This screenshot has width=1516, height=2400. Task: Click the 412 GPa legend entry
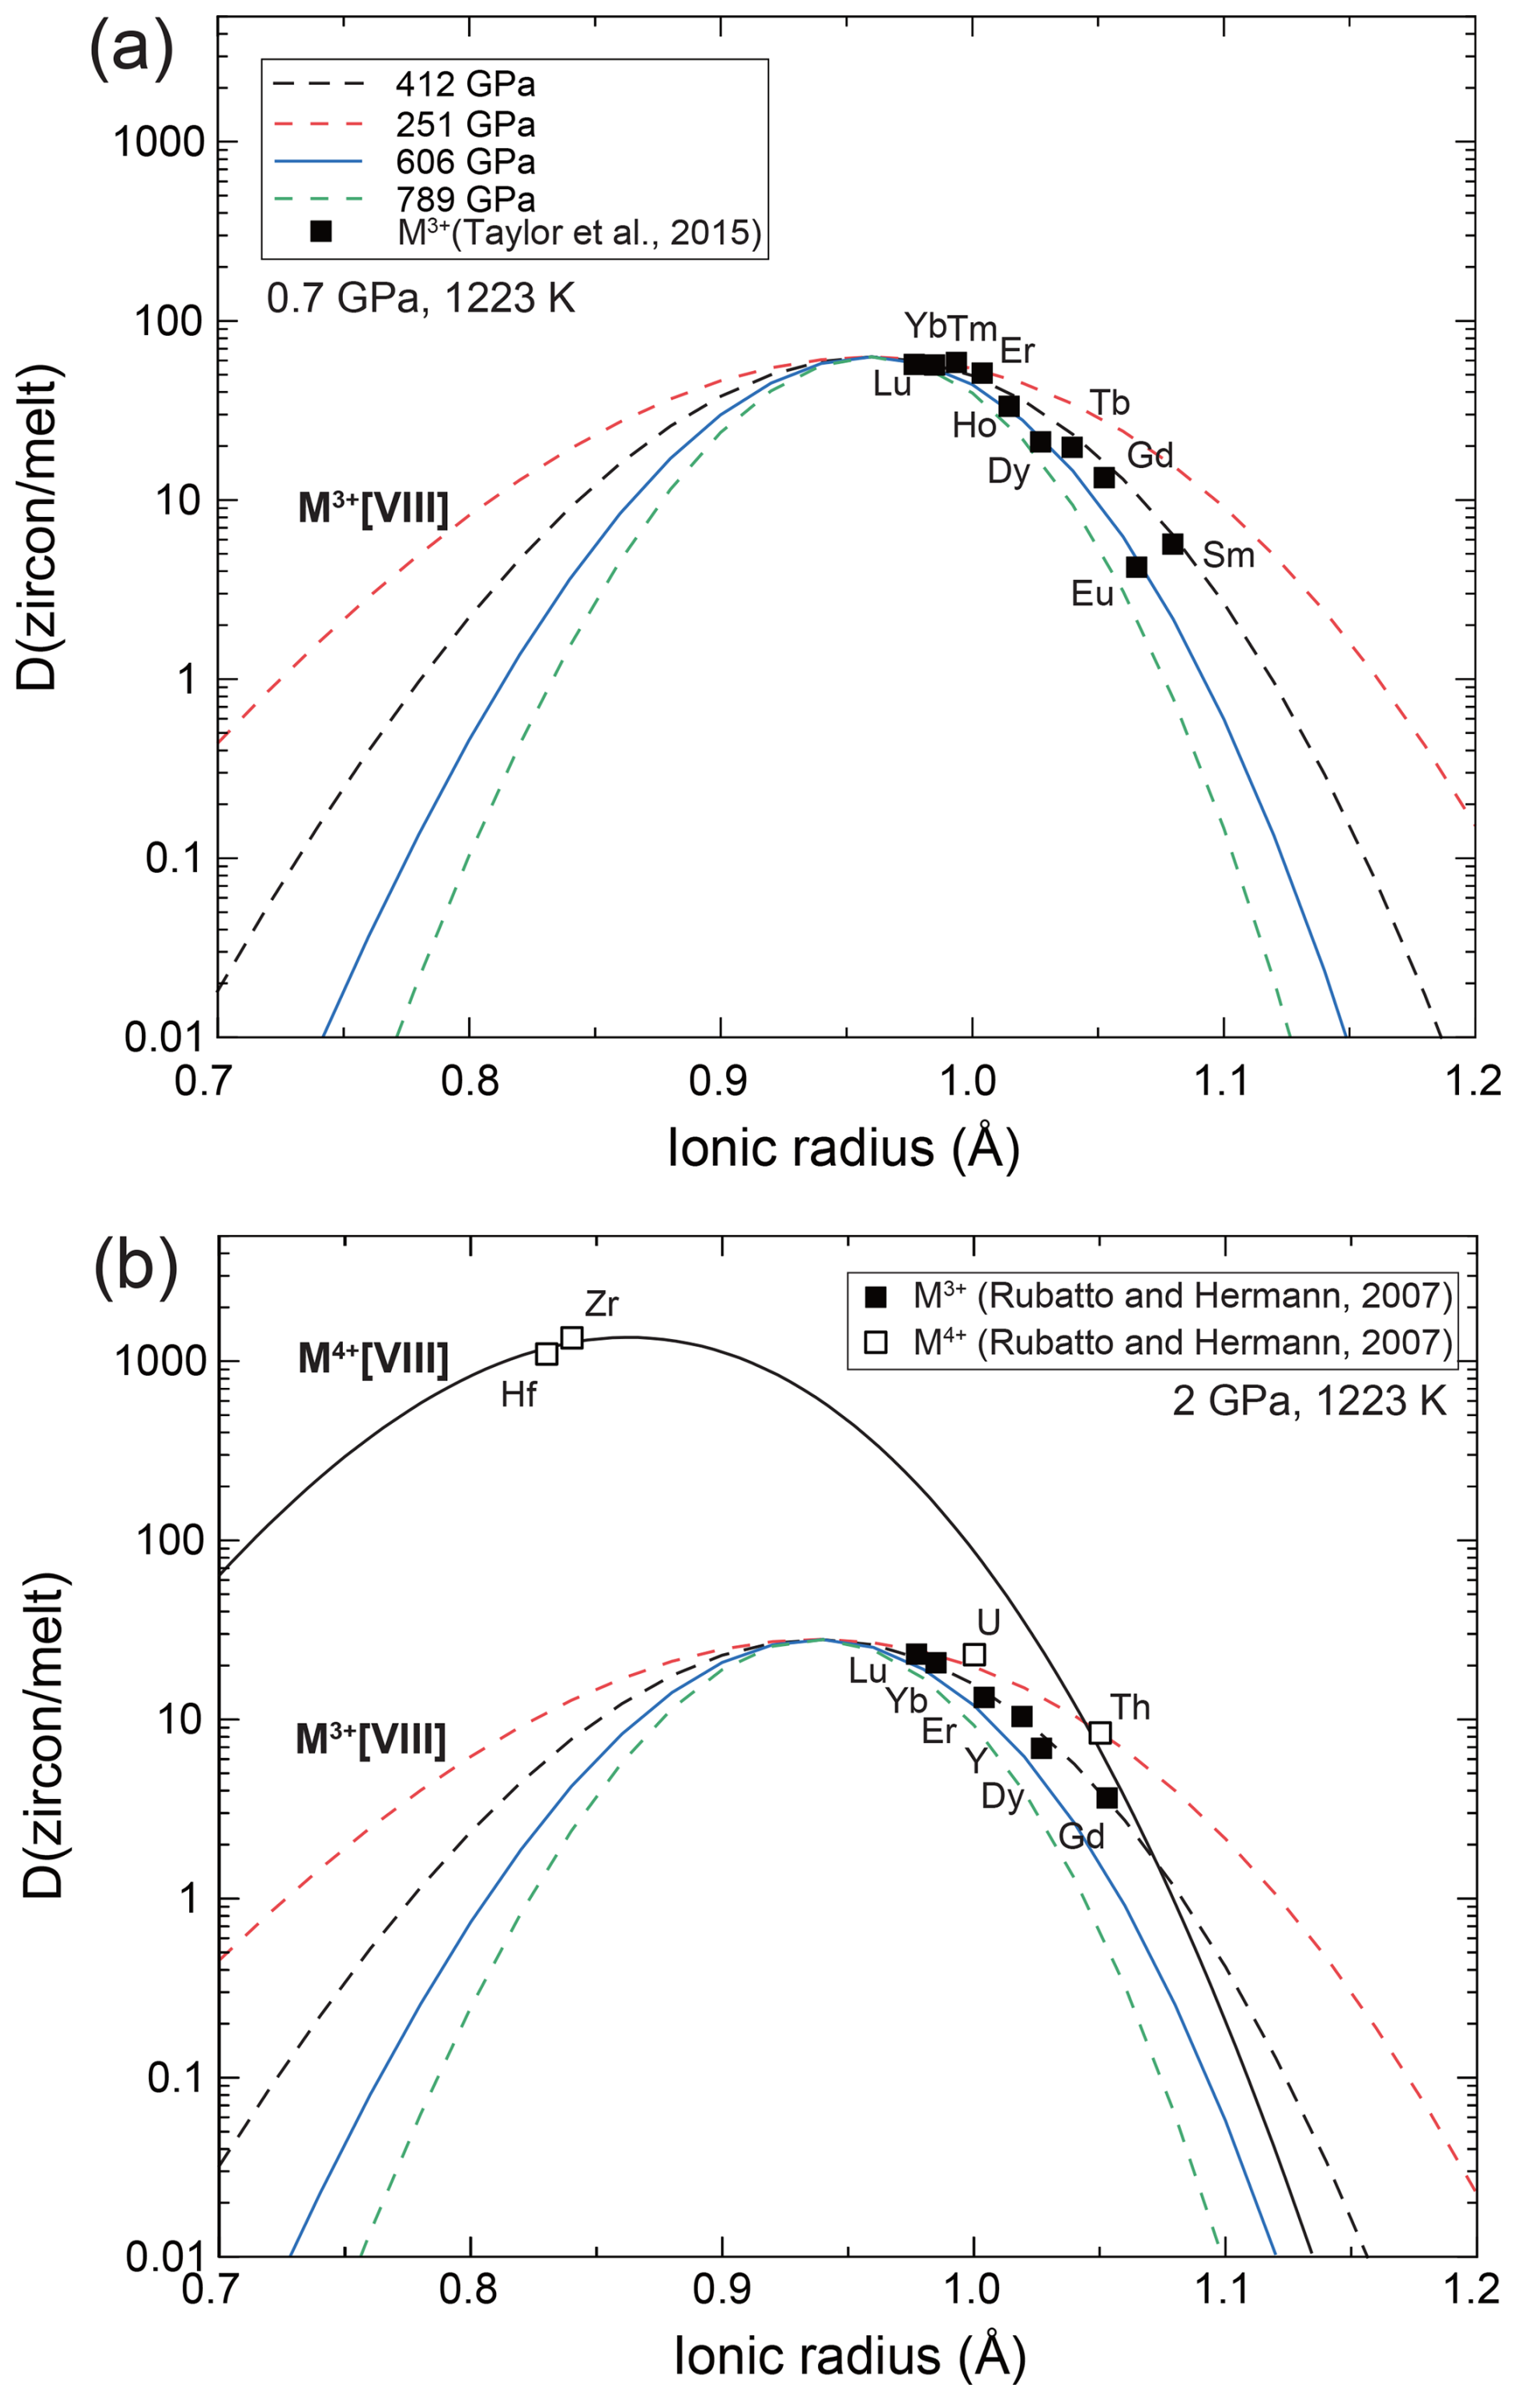tap(465, 85)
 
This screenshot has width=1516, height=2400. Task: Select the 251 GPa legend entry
tap(465, 123)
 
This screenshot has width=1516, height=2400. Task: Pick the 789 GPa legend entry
tap(465, 199)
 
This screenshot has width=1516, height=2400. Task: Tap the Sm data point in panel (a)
tap(1172, 543)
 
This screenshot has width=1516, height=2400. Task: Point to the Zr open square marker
tap(572, 1337)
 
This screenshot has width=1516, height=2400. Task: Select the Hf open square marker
tap(546, 1353)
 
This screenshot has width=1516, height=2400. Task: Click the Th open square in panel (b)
tap(1099, 1732)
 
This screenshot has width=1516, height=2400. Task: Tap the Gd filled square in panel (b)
tap(1107, 1798)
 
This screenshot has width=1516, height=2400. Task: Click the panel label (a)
tap(131, 46)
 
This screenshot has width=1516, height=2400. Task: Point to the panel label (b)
tap(135, 1267)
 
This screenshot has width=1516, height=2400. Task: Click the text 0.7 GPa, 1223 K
tap(421, 298)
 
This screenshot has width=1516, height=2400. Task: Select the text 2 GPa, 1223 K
tap(1308, 1402)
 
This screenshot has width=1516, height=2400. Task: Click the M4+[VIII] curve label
tap(373, 1358)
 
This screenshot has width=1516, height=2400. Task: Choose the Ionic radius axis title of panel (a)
tap(843, 1148)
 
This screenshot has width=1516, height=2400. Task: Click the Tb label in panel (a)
tap(1109, 402)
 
